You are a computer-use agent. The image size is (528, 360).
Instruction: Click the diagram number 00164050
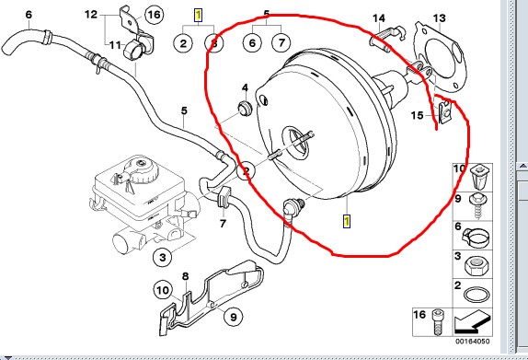[473, 342]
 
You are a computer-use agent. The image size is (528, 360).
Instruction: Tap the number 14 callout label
[379, 18]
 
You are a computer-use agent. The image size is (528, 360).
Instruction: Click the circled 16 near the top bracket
[154, 15]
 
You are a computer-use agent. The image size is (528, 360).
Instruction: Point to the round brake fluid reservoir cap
[140, 169]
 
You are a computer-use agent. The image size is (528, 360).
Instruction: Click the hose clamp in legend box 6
[476, 237]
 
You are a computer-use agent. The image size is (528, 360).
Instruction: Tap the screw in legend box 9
[478, 205]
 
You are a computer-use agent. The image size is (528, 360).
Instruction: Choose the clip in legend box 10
[479, 177]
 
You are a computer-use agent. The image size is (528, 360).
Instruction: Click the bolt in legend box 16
[437, 322]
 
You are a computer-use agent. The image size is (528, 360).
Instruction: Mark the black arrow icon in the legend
[472, 322]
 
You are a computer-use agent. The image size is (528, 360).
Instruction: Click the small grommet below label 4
[245, 108]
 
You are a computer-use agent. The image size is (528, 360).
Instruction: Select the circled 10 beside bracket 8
[162, 290]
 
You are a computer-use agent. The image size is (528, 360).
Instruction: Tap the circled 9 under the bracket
[233, 317]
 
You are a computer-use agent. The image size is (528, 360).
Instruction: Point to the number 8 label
[186, 277]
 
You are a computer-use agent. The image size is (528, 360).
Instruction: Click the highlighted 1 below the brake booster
[347, 222]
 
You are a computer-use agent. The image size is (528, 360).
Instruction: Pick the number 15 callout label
[417, 116]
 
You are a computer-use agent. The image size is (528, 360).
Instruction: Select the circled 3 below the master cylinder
[163, 258]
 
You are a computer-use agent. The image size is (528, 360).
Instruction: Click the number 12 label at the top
[91, 15]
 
